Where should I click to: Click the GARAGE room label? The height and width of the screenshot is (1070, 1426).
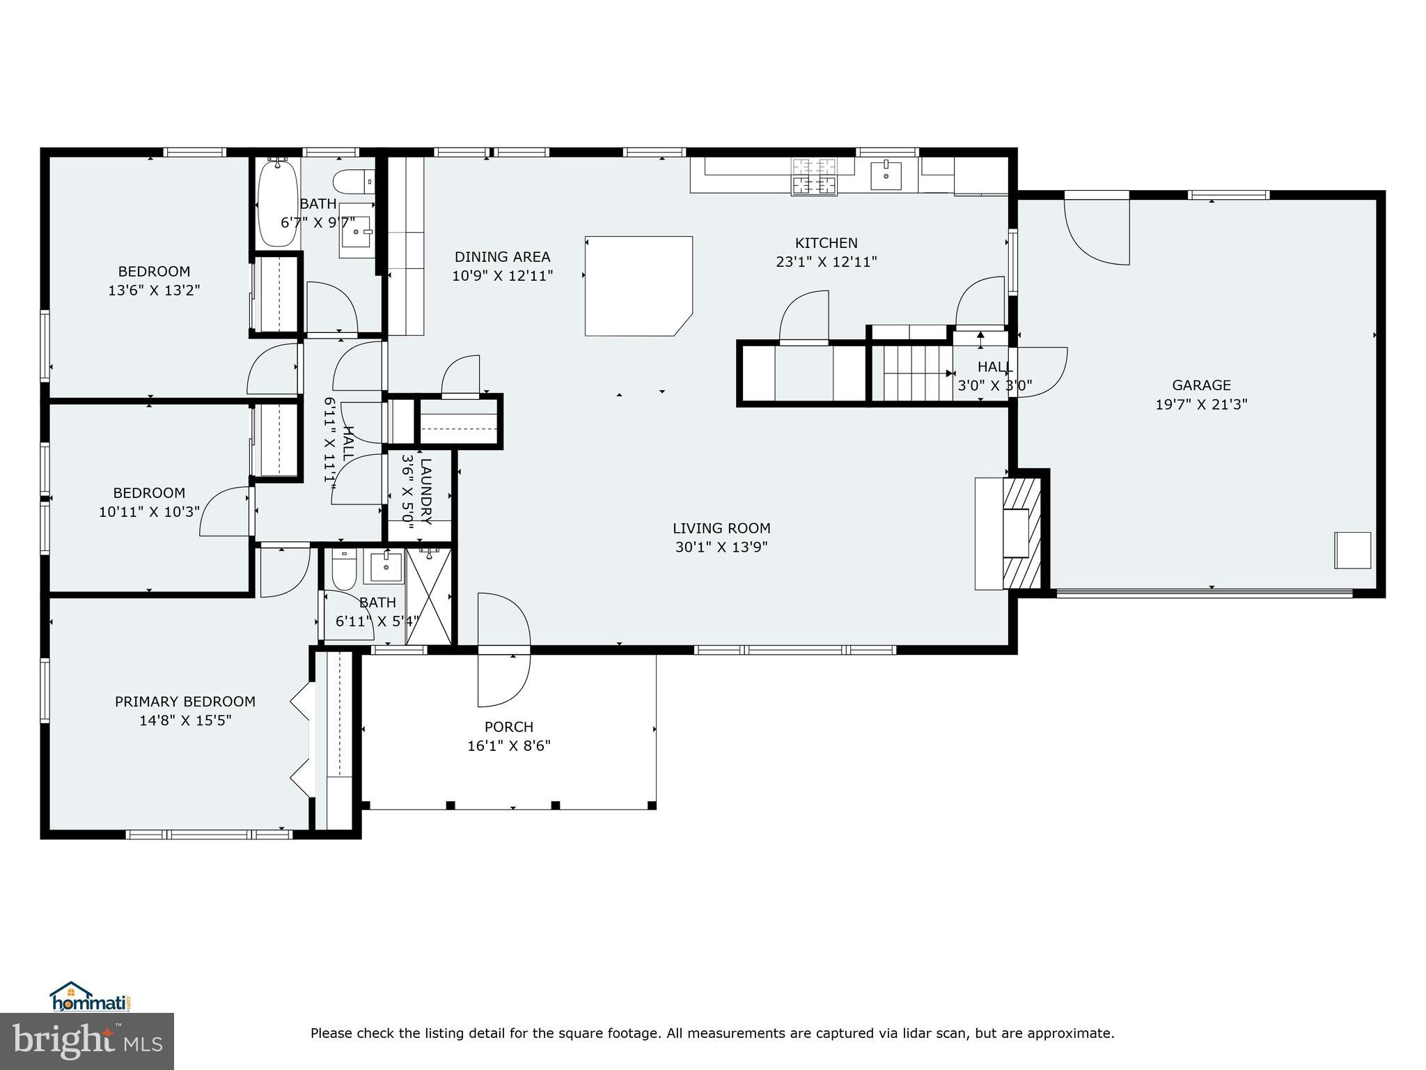(x=1201, y=385)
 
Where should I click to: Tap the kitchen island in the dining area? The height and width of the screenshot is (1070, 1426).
(x=638, y=286)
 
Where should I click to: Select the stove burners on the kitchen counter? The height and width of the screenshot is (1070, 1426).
(x=813, y=176)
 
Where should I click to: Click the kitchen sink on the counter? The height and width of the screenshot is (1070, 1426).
(x=886, y=175)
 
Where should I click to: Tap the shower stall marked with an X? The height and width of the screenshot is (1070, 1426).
(x=428, y=596)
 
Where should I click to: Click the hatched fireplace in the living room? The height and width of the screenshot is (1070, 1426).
(x=1021, y=532)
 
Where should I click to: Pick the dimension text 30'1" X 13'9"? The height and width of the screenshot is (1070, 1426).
(x=721, y=548)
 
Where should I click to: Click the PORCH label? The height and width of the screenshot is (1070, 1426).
(x=509, y=727)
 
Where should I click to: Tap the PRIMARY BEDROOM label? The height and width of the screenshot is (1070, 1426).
(x=185, y=701)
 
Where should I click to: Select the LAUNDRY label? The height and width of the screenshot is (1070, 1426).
(x=426, y=492)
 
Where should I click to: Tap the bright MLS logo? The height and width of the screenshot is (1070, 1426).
(x=87, y=1041)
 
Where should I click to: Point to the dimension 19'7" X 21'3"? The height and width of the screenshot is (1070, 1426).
(x=1201, y=404)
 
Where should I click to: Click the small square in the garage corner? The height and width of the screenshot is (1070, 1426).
(x=1352, y=550)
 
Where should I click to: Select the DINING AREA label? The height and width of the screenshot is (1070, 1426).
(x=502, y=257)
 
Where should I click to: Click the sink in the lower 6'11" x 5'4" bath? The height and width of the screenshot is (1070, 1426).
(x=383, y=567)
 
